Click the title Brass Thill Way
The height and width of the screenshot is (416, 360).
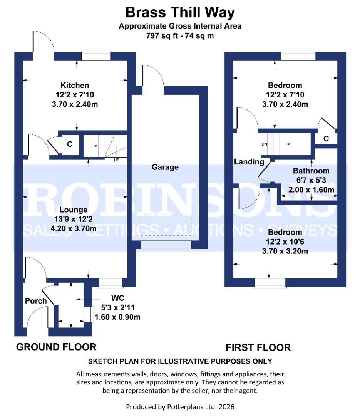point(180,13)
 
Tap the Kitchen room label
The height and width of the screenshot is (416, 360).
point(75,85)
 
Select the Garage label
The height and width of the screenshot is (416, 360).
point(165,167)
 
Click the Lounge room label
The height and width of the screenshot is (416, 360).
point(73,210)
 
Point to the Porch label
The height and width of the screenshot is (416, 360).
point(36,301)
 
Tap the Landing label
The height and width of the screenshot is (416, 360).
point(249,162)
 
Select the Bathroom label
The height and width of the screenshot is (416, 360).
point(311,171)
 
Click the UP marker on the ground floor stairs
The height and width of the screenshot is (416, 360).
point(116,159)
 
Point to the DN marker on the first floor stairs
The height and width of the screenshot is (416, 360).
point(264,144)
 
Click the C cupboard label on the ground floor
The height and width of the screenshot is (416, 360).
point(70,144)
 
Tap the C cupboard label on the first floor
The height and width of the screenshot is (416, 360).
point(326,139)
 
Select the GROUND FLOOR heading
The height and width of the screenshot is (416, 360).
point(56,347)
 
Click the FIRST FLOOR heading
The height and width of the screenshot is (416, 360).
point(258,347)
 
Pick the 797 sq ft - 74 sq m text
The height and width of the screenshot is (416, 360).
point(180,36)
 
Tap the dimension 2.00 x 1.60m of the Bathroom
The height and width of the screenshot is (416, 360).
point(311,190)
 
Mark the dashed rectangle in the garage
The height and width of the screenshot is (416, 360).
point(166,225)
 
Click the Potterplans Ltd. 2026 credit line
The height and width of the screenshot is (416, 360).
point(180,406)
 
